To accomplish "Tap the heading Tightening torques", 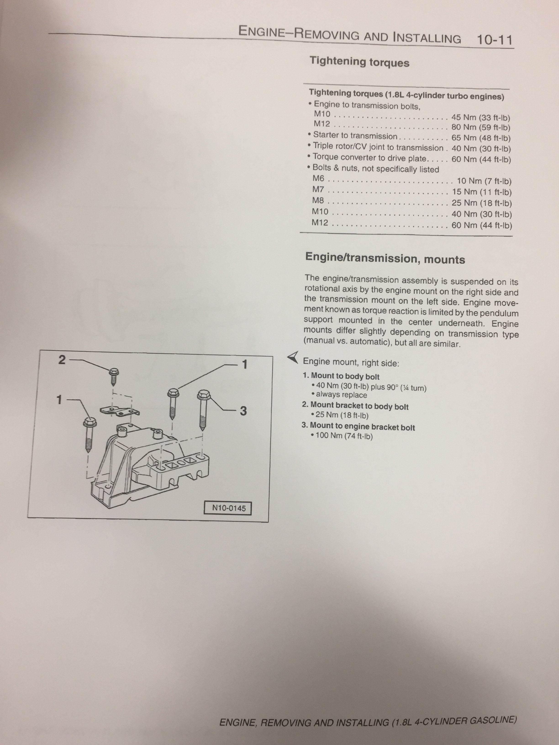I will tap(359, 62).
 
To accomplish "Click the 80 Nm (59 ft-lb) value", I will tap(480, 128).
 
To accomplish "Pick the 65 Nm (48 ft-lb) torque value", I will tap(481, 138).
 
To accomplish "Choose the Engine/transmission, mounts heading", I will tap(385, 258).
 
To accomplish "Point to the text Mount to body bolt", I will tap(345, 376).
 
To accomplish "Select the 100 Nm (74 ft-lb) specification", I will tap(344, 436).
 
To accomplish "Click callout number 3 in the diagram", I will tap(243, 411).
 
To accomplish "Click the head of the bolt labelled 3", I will tap(203, 395).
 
